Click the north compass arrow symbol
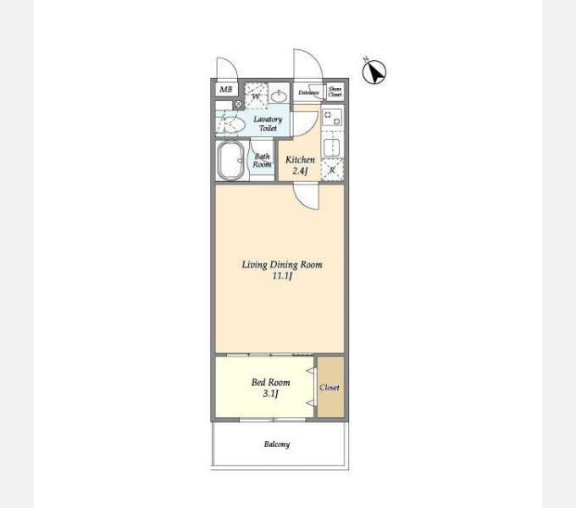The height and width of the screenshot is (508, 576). point(374,72)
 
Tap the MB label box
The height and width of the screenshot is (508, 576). point(226,89)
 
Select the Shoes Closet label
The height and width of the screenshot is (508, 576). point(335,91)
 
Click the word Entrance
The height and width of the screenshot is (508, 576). point(308,93)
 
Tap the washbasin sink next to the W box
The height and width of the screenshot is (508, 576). point(279,97)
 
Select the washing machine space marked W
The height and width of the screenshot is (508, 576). point(256,97)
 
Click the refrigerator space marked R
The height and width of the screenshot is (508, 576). point(332,170)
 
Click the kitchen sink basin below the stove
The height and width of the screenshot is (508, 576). point(332,147)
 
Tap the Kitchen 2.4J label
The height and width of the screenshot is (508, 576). point(300,165)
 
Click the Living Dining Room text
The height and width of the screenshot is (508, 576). point(282,265)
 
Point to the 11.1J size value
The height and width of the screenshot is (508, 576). point(282,276)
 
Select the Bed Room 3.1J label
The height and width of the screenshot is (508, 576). point(271,388)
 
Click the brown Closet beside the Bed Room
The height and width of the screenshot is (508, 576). point(331,387)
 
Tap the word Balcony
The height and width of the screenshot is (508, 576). point(277,444)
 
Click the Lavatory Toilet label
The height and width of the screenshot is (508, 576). point(268,124)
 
